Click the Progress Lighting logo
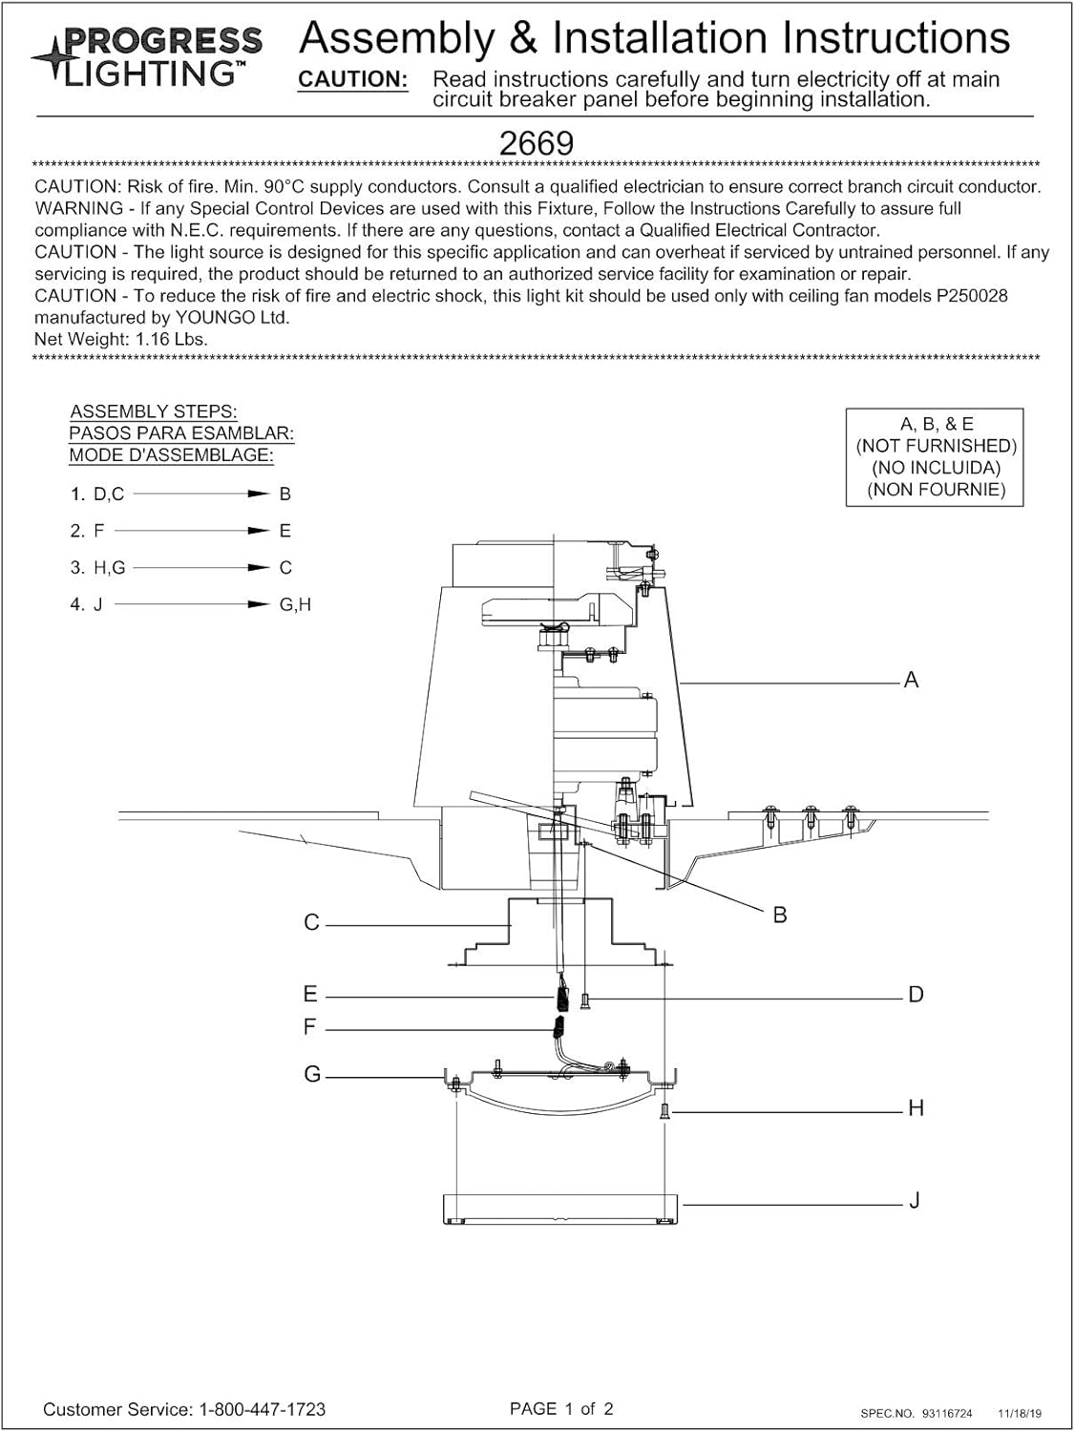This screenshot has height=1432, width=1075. (x=148, y=56)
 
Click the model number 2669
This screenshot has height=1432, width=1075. (x=537, y=143)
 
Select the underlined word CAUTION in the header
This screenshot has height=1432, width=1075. (x=353, y=80)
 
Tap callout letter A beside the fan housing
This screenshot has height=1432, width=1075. (x=911, y=680)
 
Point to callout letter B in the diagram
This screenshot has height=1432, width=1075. (x=780, y=915)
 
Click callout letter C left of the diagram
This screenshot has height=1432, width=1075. (x=311, y=922)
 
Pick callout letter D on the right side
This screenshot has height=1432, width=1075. (x=916, y=995)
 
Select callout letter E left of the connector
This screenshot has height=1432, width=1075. (x=310, y=994)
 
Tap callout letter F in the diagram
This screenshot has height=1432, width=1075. (x=309, y=1027)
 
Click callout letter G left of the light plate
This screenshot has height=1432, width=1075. (x=312, y=1075)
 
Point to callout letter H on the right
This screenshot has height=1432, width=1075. (x=916, y=1108)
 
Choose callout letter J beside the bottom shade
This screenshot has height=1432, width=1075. (x=914, y=1201)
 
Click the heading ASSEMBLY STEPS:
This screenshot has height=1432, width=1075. (x=154, y=411)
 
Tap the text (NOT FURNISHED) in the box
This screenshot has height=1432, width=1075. (x=936, y=446)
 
